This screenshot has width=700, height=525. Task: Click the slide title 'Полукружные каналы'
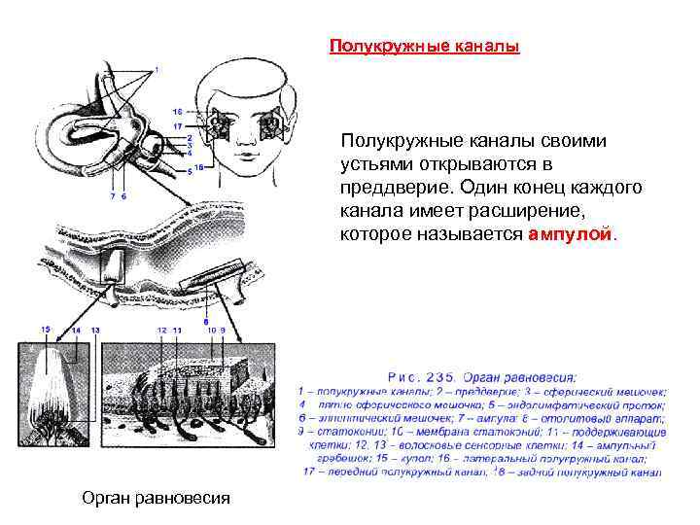coord(424,46)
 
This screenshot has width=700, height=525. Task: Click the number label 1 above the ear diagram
coord(156,71)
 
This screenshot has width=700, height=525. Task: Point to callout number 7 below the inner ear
coord(112,196)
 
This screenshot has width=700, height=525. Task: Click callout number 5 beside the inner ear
coord(189,170)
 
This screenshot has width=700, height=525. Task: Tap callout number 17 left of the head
coord(178,126)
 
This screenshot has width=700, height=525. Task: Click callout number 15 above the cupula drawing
coord(45,331)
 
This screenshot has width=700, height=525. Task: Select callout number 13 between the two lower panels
coord(95,331)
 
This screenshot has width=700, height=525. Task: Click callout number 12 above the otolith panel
coord(161,331)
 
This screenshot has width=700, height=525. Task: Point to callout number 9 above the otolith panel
coord(223,331)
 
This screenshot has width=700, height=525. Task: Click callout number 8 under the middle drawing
coord(206,320)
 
